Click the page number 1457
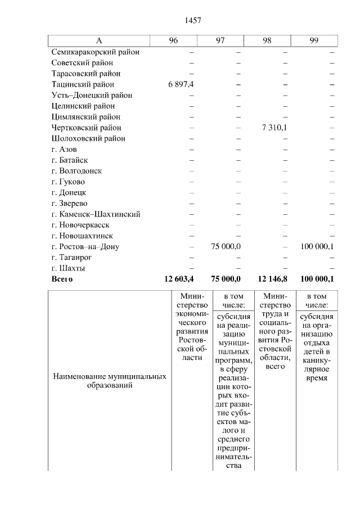point(193,20)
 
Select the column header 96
point(173,40)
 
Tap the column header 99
point(314,40)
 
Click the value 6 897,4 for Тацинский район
point(181,84)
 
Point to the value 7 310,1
point(274,128)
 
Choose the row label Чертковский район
point(86,128)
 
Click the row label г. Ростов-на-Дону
point(85,246)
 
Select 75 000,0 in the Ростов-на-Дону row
point(226,246)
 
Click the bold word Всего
point(62,278)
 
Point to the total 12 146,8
point(272,278)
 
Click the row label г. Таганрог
point(71,257)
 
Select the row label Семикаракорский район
point(95,52)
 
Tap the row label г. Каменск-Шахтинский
point(96,214)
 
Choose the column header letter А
point(99,40)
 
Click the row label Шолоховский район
point(88,138)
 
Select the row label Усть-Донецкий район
point(92,95)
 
